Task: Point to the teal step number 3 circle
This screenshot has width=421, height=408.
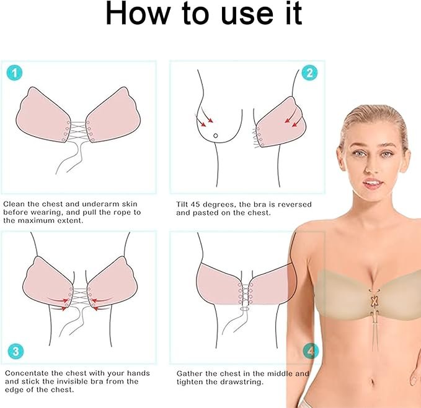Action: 16,352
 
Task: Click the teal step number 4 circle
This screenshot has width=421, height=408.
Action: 310,352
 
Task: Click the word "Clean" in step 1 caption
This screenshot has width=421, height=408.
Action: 16,204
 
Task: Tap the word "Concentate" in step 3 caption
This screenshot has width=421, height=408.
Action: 30,373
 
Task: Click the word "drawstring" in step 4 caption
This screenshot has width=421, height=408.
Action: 245,382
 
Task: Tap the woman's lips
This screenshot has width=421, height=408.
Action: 370,183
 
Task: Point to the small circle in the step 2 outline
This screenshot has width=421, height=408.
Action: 215,136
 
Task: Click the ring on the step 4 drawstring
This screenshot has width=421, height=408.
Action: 244,308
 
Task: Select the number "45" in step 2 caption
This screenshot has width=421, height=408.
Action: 207,204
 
